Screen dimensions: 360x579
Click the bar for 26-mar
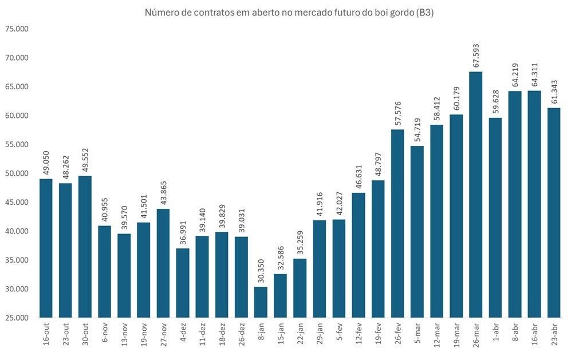pos(475,195)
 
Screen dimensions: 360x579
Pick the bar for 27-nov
pos(163,263)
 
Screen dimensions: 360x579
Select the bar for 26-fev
pos(397,223)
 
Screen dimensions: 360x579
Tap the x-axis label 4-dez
pos(183,333)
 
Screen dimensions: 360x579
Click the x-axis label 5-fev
pos(339,333)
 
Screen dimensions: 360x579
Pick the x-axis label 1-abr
pos(495,333)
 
